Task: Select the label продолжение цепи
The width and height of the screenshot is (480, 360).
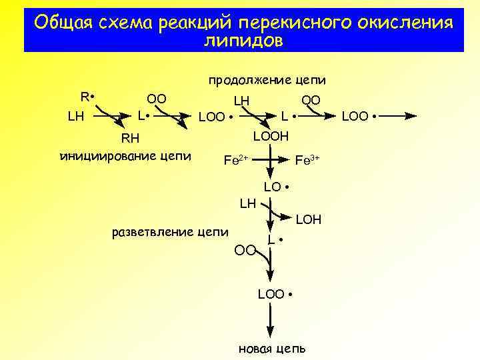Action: [267, 81]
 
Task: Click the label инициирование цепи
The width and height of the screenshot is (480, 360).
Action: [125, 157]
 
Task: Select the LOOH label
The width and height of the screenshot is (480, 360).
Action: [271, 136]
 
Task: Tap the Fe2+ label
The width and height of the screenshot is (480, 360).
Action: [235, 160]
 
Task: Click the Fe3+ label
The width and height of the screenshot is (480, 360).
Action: [308, 160]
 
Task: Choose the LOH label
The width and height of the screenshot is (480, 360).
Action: [308, 219]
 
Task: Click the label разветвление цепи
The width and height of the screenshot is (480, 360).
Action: [170, 232]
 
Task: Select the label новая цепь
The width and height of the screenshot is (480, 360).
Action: [273, 349]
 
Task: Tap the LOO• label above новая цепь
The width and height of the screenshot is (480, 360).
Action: [275, 294]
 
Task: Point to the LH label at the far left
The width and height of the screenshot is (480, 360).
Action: [75, 116]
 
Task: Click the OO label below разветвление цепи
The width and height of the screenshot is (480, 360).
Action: [245, 250]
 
